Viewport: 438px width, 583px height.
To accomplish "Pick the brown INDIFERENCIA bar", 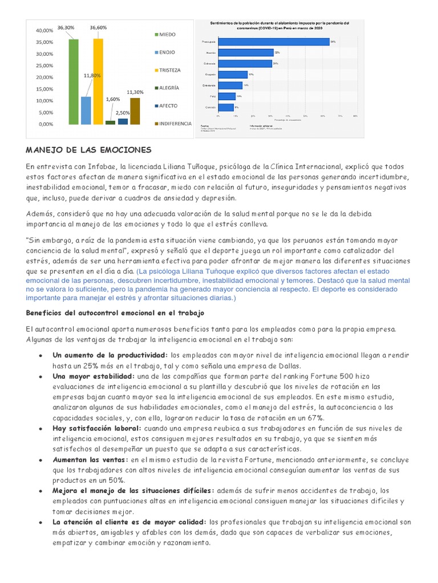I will (135, 110).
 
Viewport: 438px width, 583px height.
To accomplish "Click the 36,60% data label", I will (98, 27).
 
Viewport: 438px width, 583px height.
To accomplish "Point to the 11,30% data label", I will (135, 92).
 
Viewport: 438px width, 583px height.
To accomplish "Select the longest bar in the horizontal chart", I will (273, 42).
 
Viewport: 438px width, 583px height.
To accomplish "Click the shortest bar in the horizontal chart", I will (225, 107).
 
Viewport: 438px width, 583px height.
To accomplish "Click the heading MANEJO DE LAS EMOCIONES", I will (88, 150).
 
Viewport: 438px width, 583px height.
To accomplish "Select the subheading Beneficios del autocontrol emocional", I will (107, 313).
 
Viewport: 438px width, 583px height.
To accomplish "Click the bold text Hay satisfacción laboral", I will (97, 428).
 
